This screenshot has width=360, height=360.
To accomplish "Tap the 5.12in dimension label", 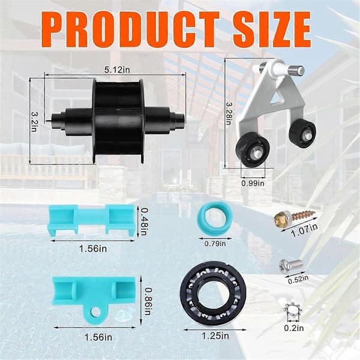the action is [117, 70].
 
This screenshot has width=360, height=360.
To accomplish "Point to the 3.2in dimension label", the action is [35, 121].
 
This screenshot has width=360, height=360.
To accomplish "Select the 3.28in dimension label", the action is [229, 113].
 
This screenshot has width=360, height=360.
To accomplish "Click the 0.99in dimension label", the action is [253, 183].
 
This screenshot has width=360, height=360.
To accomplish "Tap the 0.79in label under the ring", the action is [215, 244].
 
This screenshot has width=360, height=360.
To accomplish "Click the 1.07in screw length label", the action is [304, 230].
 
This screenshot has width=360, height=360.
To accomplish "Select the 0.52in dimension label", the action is [298, 280].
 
